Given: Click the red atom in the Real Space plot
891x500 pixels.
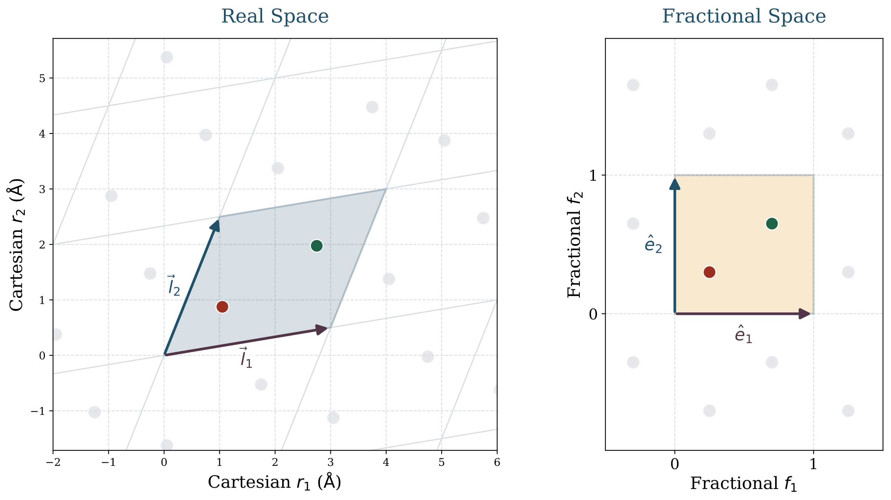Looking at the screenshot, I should point(222,307).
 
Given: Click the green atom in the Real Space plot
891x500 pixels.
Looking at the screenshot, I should point(317,246).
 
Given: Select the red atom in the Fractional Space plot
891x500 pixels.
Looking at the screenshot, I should point(709,272).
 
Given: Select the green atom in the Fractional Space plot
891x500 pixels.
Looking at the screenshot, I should point(772,224).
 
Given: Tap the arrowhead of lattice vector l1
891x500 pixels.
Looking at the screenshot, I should point(322,329).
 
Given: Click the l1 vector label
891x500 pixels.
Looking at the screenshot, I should point(246,358).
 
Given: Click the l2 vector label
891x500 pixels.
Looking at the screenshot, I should point(173,286).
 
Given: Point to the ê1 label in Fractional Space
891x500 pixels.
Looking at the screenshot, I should point(743,335).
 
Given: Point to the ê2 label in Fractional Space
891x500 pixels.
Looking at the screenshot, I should point(653,244).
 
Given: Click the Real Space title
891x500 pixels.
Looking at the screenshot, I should point(275,16).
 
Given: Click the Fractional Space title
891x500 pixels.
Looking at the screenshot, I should point(744,16).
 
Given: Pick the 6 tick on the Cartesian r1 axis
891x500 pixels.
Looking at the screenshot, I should point(497,462).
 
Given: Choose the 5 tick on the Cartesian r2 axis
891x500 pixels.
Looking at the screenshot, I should point(42,78).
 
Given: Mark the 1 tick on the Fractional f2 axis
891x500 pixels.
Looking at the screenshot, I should point(593,175).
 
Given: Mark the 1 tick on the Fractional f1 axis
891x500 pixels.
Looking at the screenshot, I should point(813,464).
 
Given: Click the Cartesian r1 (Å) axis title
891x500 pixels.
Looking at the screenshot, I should point(274,482).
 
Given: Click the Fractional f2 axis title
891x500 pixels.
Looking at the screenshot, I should point(575,244).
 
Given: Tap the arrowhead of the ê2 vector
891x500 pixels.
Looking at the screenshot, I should point(675,184).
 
